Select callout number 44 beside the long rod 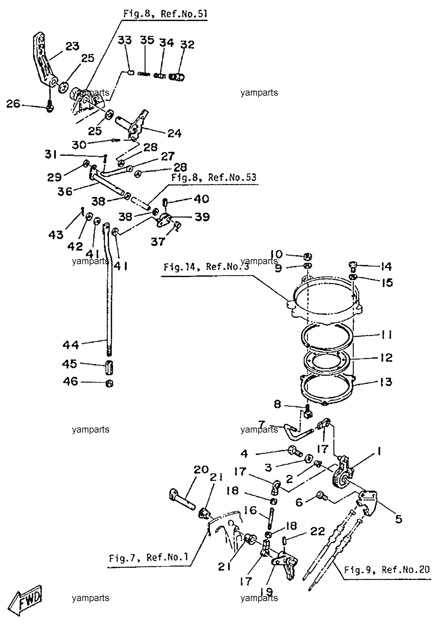point(70,345)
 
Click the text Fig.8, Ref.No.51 point(165,13)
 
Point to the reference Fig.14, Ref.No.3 point(206,267)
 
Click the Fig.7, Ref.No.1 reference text point(148,557)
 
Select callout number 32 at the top point(187,44)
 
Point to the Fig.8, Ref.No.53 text point(214,178)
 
